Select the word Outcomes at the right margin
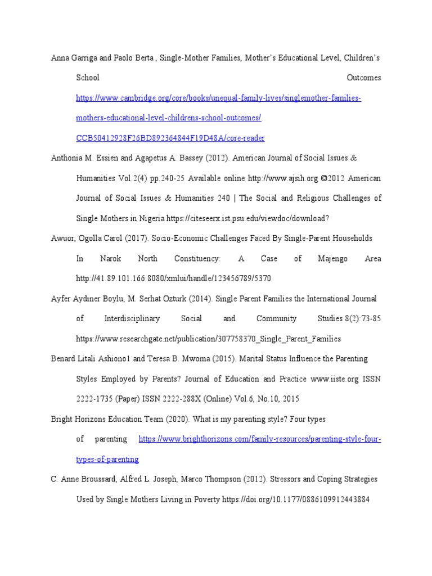[x=364, y=78]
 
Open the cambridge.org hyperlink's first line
[x=218, y=98]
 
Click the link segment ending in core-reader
[x=170, y=138]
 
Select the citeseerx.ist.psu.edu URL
[x=275, y=218]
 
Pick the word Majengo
[x=331, y=259]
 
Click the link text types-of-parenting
[x=107, y=460]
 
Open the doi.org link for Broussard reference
[x=296, y=499]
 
